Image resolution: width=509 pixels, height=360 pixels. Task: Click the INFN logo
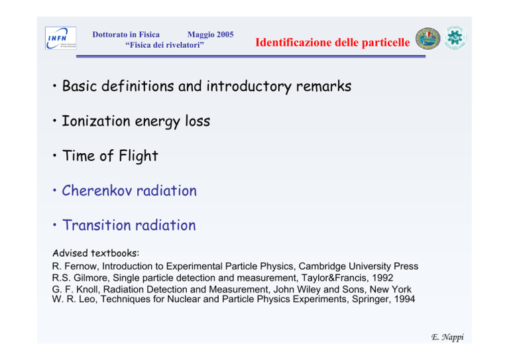tap(61, 38)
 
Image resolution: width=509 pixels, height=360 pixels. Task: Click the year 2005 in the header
tap(225, 34)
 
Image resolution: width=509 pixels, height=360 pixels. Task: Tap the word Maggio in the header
tap(201, 34)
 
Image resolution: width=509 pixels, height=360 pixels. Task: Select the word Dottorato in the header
tap(110, 34)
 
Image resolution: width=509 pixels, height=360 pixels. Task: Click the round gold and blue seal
tap(427, 38)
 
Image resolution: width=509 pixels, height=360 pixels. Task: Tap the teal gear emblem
tap(455, 38)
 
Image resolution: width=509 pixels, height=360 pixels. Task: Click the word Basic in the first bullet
tap(80, 86)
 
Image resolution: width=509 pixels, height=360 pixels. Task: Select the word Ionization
tap(95, 121)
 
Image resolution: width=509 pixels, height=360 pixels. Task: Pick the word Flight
tap(139, 156)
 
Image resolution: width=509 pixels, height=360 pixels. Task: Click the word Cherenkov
tap(97, 190)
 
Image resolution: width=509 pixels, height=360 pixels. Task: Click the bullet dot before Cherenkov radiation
tap(54, 190)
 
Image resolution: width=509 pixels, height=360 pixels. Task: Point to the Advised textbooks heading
tap(95, 253)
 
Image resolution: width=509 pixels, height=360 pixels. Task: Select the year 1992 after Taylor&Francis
tap(382, 278)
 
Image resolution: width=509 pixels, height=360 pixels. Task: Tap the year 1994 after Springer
tap(404, 299)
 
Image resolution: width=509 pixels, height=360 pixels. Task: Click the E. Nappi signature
tap(447, 337)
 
